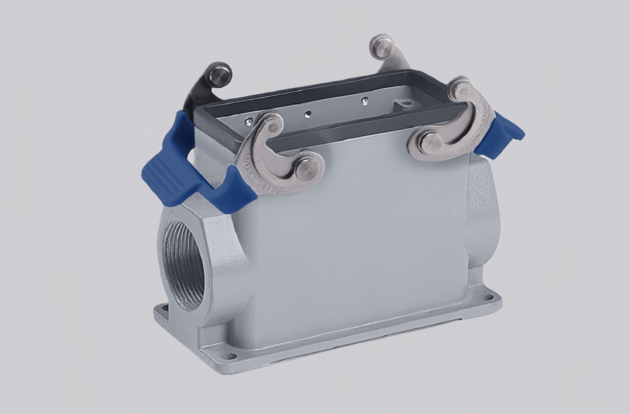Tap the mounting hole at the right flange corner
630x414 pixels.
[488, 298]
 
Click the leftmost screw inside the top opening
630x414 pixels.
[249, 121]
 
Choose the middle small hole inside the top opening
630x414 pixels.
[308, 112]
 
